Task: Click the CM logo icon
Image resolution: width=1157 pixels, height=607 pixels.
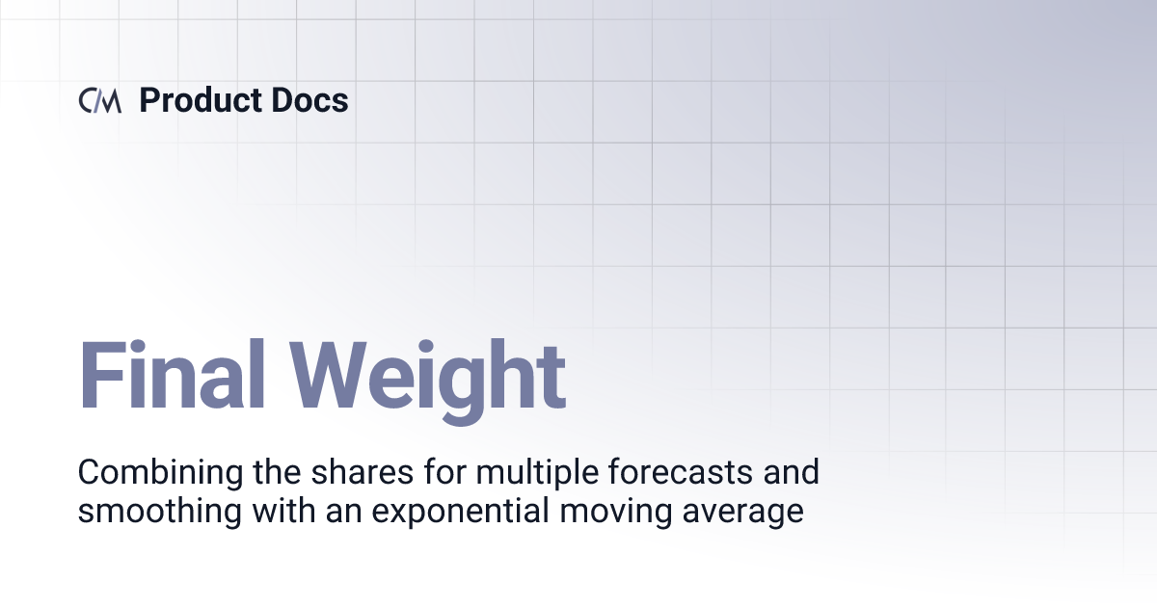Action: (x=100, y=101)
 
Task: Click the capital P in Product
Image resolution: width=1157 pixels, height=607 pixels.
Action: (x=149, y=100)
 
